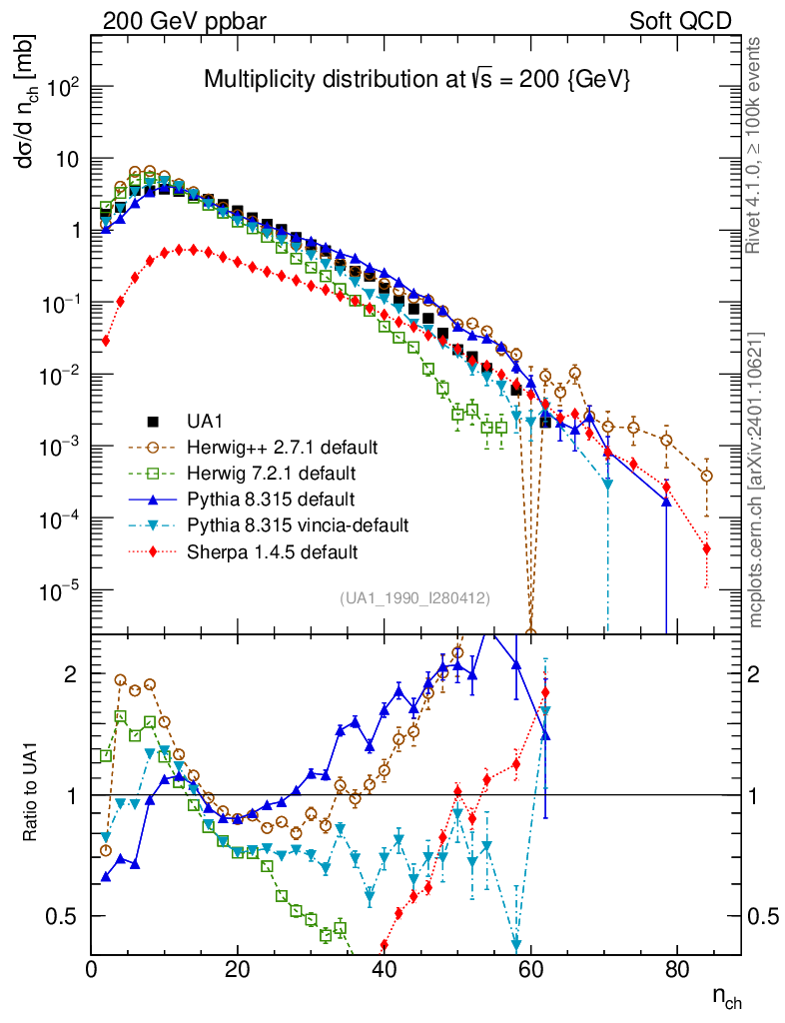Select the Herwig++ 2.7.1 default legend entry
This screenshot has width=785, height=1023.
(x=277, y=447)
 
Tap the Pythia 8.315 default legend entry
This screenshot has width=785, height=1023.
(x=264, y=499)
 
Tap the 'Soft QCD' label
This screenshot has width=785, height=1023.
(x=680, y=21)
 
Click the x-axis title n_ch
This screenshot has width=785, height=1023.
(x=726, y=996)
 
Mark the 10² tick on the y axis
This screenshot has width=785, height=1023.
(x=63, y=87)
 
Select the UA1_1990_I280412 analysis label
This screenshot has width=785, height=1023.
(x=414, y=598)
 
